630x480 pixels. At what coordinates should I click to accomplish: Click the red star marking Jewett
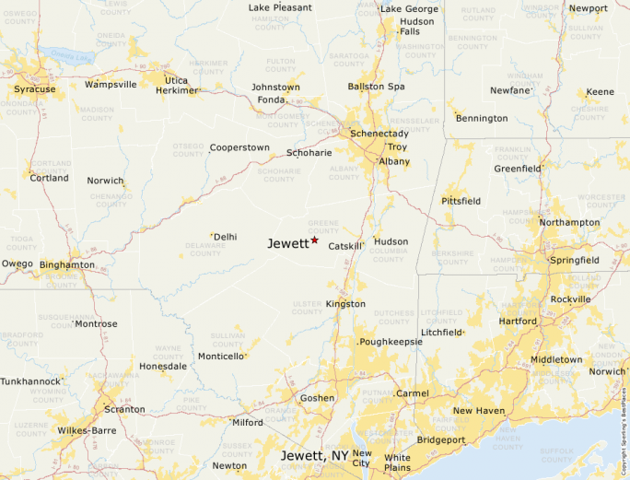314,240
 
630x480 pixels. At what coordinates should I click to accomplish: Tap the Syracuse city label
34,89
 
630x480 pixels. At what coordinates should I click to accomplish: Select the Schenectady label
379,134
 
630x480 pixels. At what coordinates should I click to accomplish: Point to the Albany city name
395,161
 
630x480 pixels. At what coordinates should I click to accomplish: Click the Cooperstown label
239,147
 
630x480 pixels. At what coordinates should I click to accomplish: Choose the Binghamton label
67,264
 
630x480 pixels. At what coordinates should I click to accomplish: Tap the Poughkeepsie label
391,342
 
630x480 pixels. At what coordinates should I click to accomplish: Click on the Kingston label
345,304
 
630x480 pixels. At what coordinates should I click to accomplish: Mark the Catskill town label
344,246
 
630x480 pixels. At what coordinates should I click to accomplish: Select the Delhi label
226,237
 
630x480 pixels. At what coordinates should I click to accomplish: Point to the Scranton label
124,409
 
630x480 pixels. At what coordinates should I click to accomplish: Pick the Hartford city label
518,322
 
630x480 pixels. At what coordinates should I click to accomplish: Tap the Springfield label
574,261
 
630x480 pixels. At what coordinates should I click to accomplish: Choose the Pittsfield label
461,200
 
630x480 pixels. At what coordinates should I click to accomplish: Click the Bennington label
482,118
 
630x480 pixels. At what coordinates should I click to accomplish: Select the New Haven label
478,411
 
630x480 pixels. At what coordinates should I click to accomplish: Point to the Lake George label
409,9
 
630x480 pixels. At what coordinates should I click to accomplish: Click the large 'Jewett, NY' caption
314,456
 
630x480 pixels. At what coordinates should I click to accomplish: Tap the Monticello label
221,357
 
